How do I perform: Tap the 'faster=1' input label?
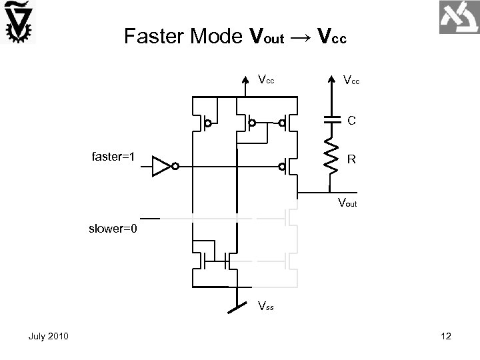(x=113, y=157)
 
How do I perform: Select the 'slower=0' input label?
(x=114, y=230)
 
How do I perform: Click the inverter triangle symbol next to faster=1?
(x=162, y=166)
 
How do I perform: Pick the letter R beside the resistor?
(x=351, y=160)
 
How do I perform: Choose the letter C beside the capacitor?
(x=351, y=121)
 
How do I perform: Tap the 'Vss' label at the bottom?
(x=266, y=306)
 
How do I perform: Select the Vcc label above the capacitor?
(x=351, y=81)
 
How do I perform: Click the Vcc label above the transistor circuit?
(x=266, y=80)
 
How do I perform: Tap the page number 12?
(x=446, y=337)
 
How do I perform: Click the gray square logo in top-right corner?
(x=459, y=18)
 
